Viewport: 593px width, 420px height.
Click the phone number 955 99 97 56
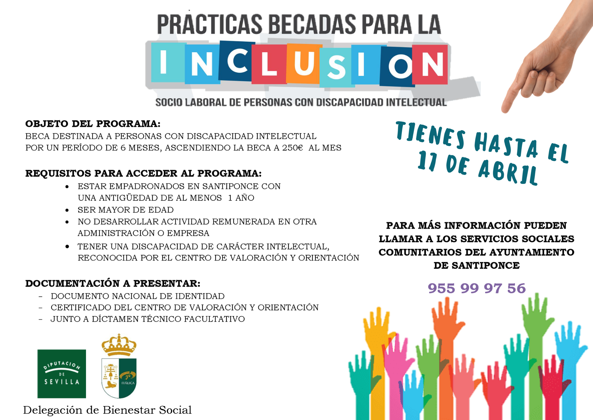(476, 288)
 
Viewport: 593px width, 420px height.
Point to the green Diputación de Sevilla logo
(61, 374)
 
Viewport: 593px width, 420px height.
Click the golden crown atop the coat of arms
(119, 345)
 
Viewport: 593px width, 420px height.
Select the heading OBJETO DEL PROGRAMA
(93, 124)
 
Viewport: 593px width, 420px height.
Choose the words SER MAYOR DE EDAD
(125, 210)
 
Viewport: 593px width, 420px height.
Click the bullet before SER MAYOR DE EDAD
(67, 210)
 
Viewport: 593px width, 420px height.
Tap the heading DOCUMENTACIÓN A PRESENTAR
(113, 283)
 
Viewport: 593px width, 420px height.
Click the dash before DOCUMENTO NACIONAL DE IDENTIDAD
(40, 296)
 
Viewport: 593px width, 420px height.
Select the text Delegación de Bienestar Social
(107, 410)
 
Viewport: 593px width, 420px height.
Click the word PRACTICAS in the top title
(209, 24)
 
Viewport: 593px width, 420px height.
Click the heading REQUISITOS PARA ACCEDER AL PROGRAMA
(143, 173)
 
